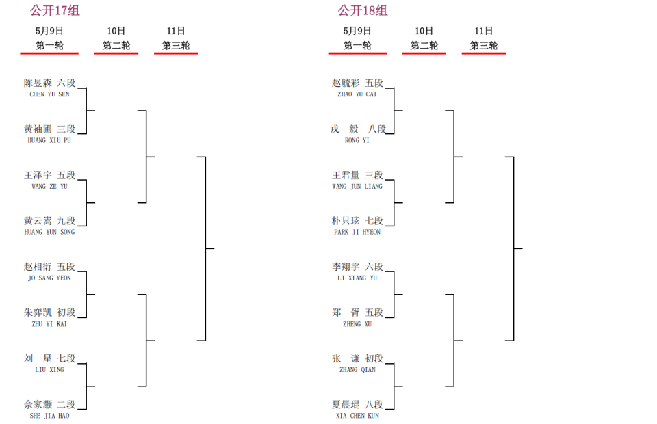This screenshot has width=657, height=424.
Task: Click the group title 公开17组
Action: (x=55, y=10)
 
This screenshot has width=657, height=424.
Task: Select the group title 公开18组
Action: (x=363, y=10)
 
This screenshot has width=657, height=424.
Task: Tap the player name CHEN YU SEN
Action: (x=49, y=94)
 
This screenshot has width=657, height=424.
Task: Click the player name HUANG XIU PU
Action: (x=49, y=140)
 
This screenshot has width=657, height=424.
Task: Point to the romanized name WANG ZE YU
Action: (x=49, y=186)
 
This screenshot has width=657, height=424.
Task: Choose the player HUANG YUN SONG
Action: (x=49, y=232)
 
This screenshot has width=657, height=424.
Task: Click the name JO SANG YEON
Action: (x=49, y=278)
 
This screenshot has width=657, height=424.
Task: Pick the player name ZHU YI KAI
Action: (x=49, y=324)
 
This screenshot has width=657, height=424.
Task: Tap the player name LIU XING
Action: (x=49, y=369)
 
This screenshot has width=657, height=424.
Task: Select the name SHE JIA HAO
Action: (x=49, y=416)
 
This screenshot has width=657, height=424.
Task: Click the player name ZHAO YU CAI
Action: (x=357, y=94)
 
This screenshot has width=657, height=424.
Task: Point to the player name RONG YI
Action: (x=357, y=140)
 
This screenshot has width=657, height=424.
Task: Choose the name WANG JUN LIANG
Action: (x=357, y=186)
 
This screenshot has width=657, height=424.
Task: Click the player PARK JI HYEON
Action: (x=357, y=232)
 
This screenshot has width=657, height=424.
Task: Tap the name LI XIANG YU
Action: (x=357, y=278)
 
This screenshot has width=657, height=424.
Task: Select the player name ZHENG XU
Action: (x=357, y=324)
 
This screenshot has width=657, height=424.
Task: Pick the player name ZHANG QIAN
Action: (x=357, y=369)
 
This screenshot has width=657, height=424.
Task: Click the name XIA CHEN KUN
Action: (x=357, y=416)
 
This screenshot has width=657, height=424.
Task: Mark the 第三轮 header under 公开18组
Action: (x=484, y=45)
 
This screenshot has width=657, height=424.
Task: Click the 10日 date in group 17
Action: (x=116, y=31)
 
